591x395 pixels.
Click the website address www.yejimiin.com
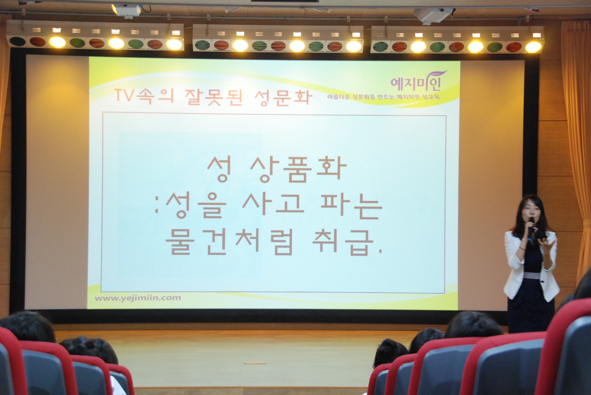point(138,298)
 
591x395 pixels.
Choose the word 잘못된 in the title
point(213,97)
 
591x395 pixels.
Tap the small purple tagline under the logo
point(383,97)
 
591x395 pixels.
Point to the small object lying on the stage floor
point(255,363)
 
